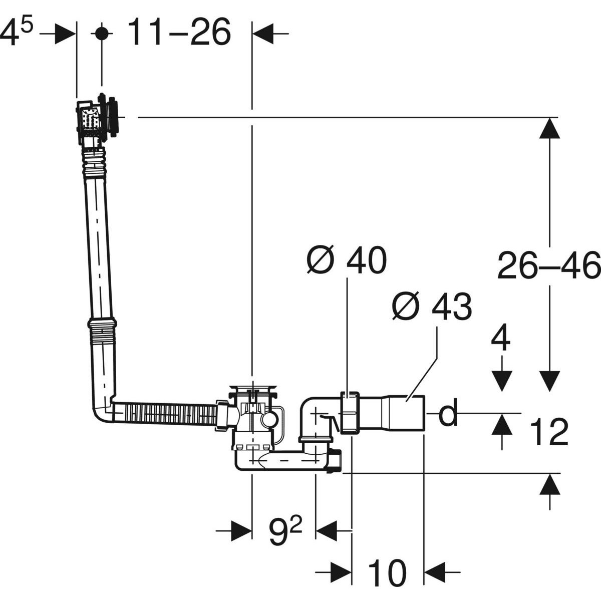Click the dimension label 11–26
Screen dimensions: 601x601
[179, 32]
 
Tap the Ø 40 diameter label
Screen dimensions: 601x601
[347, 260]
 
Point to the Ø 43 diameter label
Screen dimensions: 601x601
[432, 307]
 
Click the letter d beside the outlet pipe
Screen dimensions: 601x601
[448, 413]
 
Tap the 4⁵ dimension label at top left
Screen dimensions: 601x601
[16, 31]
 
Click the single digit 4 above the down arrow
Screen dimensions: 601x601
[500, 342]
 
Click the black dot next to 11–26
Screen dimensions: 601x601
[102, 33]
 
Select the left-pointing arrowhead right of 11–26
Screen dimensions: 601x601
[262, 33]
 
